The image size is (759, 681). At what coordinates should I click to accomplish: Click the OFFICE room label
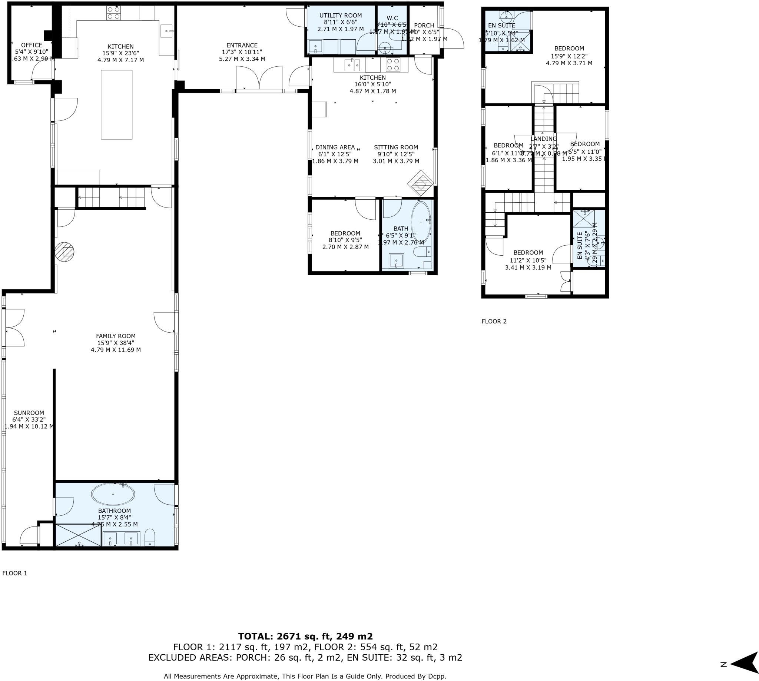tap(32, 45)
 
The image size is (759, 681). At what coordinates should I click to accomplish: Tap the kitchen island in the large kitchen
tap(116, 104)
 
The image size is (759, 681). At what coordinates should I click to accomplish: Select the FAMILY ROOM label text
tap(116, 336)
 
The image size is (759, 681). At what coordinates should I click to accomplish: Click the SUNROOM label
tap(29, 413)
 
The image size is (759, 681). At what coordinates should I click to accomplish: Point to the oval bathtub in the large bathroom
tap(113, 494)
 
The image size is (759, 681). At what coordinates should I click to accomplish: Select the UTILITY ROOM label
tap(340, 15)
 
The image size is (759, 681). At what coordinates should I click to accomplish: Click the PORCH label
tap(424, 26)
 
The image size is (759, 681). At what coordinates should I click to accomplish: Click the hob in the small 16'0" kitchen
tap(393, 64)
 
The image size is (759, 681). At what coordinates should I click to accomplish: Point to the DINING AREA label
tap(335, 147)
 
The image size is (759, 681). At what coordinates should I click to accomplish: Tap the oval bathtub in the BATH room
tap(421, 223)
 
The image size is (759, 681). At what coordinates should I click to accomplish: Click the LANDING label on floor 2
tap(543, 139)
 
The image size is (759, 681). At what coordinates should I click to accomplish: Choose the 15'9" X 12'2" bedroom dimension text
tap(569, 56)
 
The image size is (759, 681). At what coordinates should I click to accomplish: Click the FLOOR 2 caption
tap(494, 321)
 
